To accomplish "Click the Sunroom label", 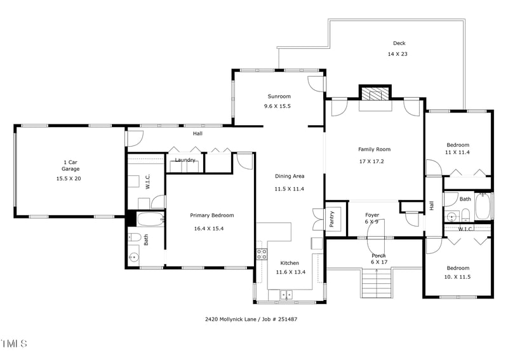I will pyautogui.click(x=279, y=97).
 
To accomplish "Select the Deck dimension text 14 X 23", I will pyautogui.click(x=398, y=54).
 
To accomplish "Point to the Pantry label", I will pyautogui.click(x=335, y=219).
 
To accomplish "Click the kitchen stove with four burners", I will pyautogui.click(x=261, y=254).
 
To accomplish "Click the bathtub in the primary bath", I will pyautogui.click(x=150, y=220).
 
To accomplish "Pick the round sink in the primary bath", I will pyautogui.click(x=134, y=258).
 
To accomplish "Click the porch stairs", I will pyautogui.click(x=376, y=284).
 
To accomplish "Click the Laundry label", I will pyautogui.click(x=185, y=160).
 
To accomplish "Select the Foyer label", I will pyautogui.click(x=372, y=215).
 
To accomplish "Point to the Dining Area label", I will pyautogui.click(x=289, y=176).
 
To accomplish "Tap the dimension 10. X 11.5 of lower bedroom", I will pyautogui.click(x=457, y=277).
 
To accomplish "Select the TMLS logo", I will pyautogui.click(x=14, y=343).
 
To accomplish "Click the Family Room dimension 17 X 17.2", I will pyautogui.click(x=374, y=161).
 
